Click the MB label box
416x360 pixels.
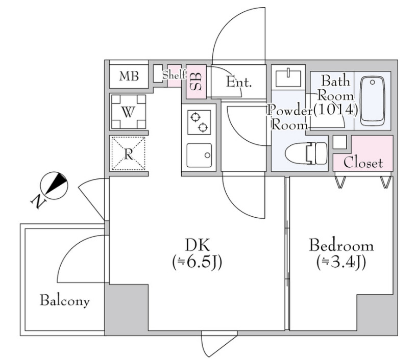point(129,76)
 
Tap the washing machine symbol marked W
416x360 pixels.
point(128,112)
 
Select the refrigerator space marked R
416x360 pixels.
point(128,153)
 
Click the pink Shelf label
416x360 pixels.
point(174,75)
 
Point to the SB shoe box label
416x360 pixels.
point(196,79)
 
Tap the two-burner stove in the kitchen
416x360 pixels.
point(199,121)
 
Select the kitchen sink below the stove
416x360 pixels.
point(199,156)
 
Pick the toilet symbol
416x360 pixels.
point(306,153)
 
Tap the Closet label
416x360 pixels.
point(363,163)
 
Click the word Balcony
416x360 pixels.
point(65,301)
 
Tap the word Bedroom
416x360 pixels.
point(341,245)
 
